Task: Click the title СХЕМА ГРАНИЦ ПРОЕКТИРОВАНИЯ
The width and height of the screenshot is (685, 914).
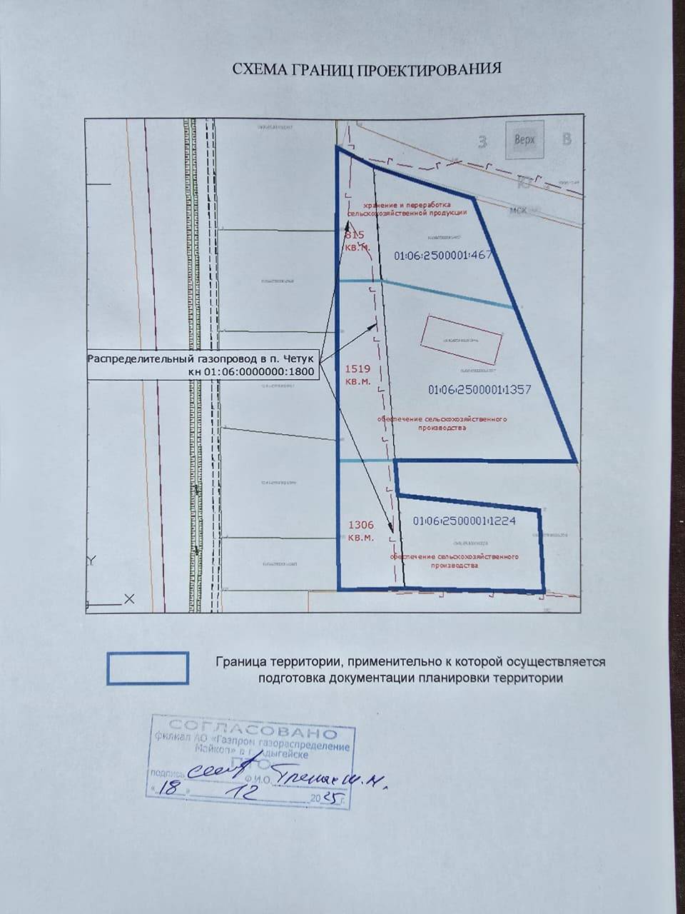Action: tap(367, 69)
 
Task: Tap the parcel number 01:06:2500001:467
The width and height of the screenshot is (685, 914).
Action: tap(443, 255)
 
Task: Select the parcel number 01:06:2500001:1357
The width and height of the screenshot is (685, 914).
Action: tap(480, 391)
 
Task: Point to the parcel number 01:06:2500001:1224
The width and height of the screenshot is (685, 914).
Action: tap(464, 521)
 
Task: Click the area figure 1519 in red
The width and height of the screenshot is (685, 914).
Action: tap(357, 369)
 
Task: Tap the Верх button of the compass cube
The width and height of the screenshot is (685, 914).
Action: tap(524, 140)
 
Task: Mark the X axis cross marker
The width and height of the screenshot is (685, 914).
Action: tap(129, 599)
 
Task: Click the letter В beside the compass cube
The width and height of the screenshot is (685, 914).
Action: tap(567, 139)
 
